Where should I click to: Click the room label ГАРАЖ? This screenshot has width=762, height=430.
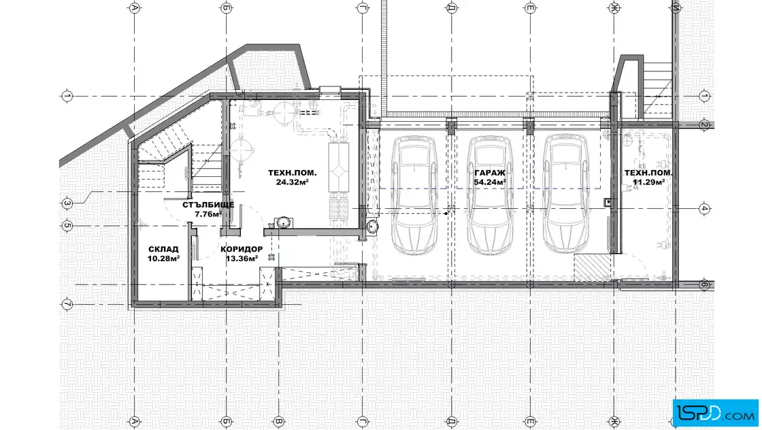tap(490, 173)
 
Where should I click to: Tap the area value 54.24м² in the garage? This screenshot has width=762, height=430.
tap(490, 182)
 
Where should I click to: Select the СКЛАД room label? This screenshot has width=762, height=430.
tap(163, 249)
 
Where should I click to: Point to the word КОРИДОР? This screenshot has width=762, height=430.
tap(242, 249)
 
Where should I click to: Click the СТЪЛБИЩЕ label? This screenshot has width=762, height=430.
tap(208, 205)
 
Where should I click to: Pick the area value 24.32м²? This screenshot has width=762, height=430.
tap(293, 182)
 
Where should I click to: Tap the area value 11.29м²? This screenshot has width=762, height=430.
tap(649, 182)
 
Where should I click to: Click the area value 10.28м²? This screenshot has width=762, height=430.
tap(164, 259)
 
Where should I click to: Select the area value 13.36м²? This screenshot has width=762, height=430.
tap(242, 259)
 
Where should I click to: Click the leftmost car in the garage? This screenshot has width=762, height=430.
tap(414, 195)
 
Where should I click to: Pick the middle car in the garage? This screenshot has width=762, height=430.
tap(490, 195)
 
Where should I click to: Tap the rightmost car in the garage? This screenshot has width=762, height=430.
tap(565, 195)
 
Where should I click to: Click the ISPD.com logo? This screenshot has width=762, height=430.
tap(715, 412)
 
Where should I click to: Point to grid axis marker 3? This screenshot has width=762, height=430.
tap(67, 203)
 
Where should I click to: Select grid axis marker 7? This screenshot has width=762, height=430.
tap(67, 305)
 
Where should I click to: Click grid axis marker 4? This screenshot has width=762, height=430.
tap(704, 209)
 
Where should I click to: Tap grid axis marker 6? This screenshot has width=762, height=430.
tap(704, 284)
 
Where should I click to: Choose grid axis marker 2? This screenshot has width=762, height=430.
tap(704, 125)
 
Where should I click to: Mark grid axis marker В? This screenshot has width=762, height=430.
tap(278, 421)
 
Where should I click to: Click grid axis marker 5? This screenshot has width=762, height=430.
tap(67, 226)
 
